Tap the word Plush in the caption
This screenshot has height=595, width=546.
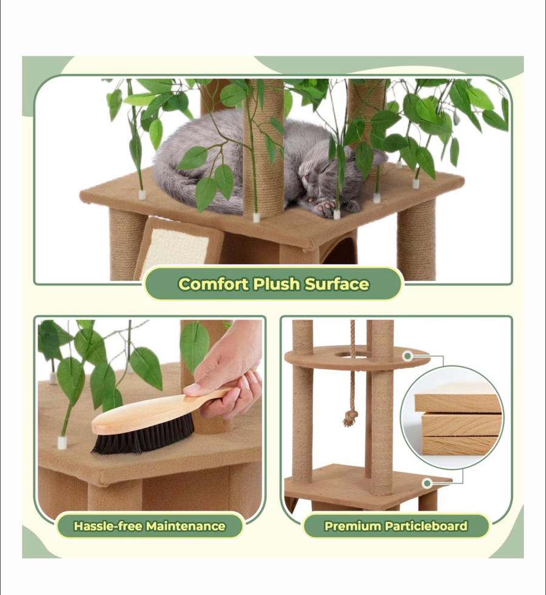coord(277,284)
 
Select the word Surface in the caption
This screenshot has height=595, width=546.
coord(337,284)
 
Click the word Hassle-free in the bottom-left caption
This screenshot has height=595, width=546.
coord(108,526)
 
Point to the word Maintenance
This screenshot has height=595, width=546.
coord(186,526)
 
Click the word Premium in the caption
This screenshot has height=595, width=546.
coord(352,526)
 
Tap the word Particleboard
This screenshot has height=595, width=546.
coord(426,526)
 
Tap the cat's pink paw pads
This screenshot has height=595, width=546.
coord(325,208)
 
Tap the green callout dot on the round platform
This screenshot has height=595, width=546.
coord(407,356)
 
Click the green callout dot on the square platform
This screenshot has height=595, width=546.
coord(427,483)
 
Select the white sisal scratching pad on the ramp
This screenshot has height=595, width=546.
coord(180,246)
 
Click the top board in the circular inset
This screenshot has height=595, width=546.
coord(457,403)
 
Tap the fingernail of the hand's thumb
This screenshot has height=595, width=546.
coord(192,389)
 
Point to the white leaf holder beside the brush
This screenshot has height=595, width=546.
coord(62,443)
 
